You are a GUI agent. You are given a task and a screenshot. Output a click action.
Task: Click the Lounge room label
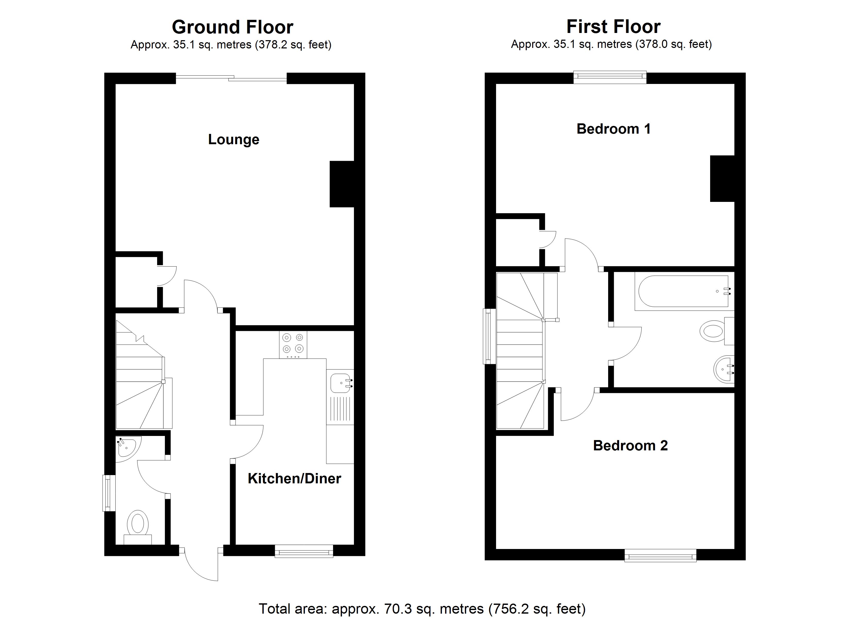click(233, 139)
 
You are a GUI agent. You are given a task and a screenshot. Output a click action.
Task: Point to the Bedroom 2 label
click(630, 446)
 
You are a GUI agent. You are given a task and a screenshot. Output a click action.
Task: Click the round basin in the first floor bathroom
click(724, 369)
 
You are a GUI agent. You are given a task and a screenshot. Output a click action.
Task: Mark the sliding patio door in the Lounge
click(231, 78)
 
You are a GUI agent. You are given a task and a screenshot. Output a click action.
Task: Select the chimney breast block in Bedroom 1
click(722, 178)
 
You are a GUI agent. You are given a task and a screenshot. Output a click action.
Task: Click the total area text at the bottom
click(422, 609)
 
